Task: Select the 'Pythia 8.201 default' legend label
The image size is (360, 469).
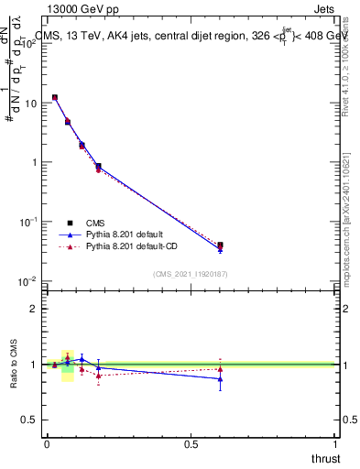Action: [x=125, y=234]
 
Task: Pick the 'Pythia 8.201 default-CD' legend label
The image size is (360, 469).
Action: [x=132, y=246]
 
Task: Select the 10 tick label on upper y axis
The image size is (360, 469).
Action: [x=30, y=104]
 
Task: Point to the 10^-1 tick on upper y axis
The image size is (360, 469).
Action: [x=28, y=222]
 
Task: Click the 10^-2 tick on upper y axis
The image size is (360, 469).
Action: [x=28, y=281]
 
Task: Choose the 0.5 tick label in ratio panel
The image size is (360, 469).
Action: [x=29, y=420]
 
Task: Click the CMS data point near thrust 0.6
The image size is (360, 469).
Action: [x=220, y=245]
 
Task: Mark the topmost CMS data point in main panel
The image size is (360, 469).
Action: [x=55, y=97]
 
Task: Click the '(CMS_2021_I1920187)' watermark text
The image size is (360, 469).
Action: [x=190, y=273]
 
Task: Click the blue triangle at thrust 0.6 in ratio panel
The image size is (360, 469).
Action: [x=220, y=378]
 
